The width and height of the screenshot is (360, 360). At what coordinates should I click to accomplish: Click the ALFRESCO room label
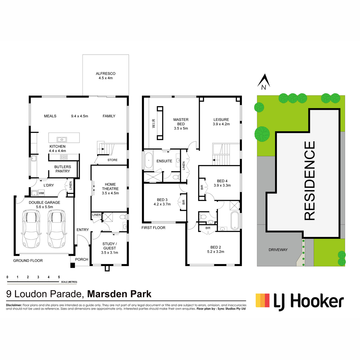[x=106, y=73]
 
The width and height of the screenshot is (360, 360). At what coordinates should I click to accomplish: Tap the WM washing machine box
[x=41, y=193]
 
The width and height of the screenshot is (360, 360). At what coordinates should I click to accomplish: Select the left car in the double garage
[x=31, y=229]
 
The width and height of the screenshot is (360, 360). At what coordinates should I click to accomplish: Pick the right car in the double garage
[x=56, y=229]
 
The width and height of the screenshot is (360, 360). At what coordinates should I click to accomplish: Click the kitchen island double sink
[x=62, y=139]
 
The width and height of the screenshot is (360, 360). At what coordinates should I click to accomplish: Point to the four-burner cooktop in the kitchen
[x=64, y=157]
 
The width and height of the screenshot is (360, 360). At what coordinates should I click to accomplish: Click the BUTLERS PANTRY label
[x=63, y=169]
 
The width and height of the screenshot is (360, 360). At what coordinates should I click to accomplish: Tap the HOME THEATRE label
[x=110, y=186]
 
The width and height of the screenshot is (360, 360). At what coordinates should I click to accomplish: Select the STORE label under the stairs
[x=112, y=160]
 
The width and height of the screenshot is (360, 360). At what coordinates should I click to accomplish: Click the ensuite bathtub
[x=148, y=160]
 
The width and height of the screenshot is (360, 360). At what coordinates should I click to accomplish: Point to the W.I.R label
[x=154, y=124]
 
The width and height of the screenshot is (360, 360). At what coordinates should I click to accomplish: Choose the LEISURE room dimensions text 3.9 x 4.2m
[x=221, y=124]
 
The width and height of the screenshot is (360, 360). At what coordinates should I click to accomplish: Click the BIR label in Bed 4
[x=202, y=187]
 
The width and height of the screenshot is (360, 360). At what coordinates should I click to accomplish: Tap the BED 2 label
[x=216, y=247]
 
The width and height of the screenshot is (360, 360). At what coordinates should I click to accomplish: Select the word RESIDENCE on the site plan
[x=310, y=181]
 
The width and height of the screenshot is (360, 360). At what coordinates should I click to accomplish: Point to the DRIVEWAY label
[x=278, y=250]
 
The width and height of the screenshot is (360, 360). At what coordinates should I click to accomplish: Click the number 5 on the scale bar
[x=59, y=277]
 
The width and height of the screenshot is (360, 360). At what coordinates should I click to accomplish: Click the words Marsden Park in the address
[x=119, y=294]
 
